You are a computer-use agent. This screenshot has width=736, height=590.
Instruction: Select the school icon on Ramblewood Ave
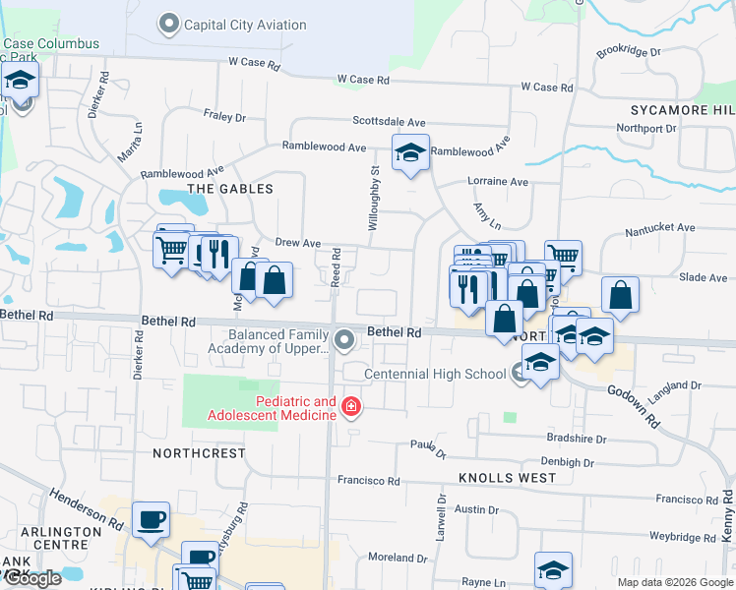[x=410, y=153]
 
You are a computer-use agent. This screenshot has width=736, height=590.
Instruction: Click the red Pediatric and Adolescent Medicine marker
[x=349, y=406]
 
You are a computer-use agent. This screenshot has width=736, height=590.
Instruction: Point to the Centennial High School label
[x=435, y=375]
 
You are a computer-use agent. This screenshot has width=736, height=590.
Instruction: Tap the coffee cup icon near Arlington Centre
[x=151, y=520]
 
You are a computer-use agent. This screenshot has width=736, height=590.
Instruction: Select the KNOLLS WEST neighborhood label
[x=507, y=478]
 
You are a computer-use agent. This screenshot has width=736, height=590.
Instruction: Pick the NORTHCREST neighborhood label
[x=199, y=453]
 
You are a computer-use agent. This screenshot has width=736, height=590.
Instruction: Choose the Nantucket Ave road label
[x=661, y=228]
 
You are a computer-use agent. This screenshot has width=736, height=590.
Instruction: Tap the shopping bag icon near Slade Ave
[x=620, y=294]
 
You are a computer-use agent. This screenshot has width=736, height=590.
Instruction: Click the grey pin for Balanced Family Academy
[x=343, y=340]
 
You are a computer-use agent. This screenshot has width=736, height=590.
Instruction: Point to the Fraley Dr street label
[x=226, y=117]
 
